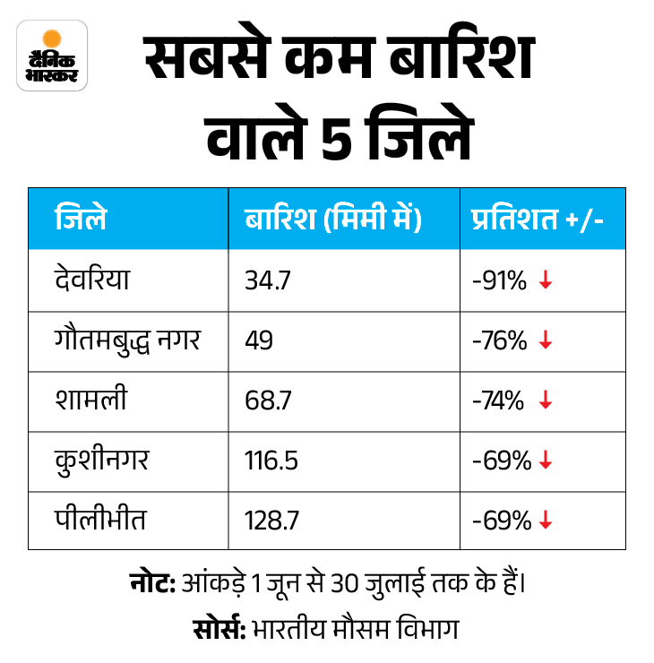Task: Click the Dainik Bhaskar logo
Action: pos(53,56)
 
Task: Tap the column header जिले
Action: pos(80,219)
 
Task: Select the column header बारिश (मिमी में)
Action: pos(332,219)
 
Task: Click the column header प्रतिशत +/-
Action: pos(537,219)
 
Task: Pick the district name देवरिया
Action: pos(92,280)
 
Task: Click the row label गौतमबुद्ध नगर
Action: pos(126,340)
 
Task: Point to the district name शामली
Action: pos(90,400)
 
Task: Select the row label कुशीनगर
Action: pos(101,461)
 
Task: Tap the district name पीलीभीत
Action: pos(99,521)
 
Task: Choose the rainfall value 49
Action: pos(258,341)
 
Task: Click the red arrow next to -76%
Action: pos(546,341)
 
